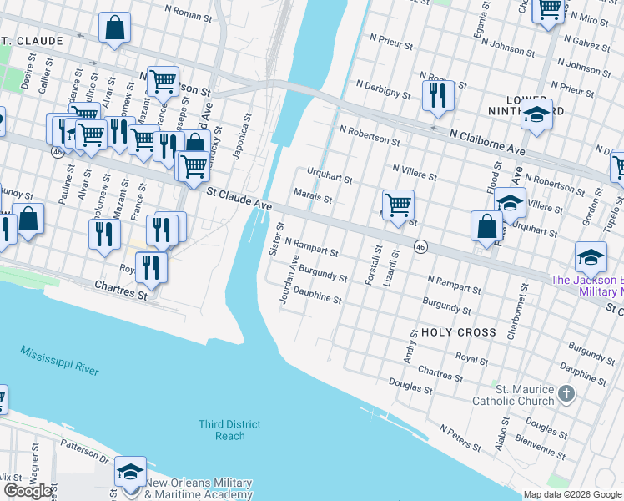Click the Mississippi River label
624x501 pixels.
(60, 360)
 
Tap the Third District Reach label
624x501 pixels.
(229, 430)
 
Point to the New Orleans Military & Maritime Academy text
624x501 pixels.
(199, 489)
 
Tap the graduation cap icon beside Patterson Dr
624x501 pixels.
(131, 472)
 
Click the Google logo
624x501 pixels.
(28, 491)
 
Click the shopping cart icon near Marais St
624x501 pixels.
(399, 203)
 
